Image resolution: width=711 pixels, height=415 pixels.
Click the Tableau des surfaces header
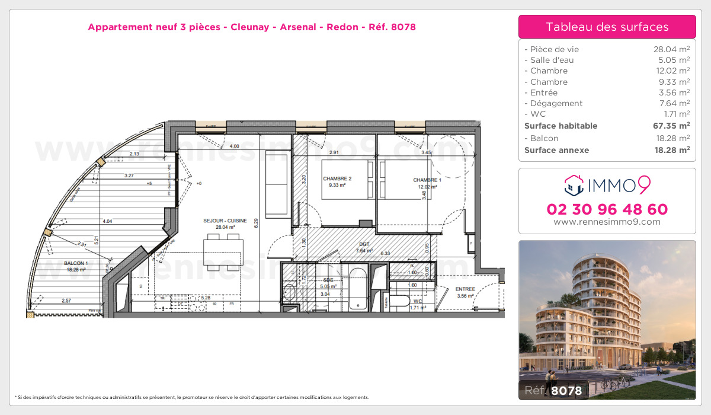607,27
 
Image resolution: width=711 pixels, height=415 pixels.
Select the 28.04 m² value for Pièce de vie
671,49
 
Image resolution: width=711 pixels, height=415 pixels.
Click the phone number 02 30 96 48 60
607,209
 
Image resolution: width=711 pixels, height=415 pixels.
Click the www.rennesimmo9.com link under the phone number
607,222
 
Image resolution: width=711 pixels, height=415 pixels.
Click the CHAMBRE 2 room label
337,178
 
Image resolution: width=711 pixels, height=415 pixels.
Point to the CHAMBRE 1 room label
427,180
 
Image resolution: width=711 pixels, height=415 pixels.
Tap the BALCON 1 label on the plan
76,263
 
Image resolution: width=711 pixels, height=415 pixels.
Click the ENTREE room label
465,289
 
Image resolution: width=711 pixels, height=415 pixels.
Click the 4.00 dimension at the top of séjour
235,146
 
